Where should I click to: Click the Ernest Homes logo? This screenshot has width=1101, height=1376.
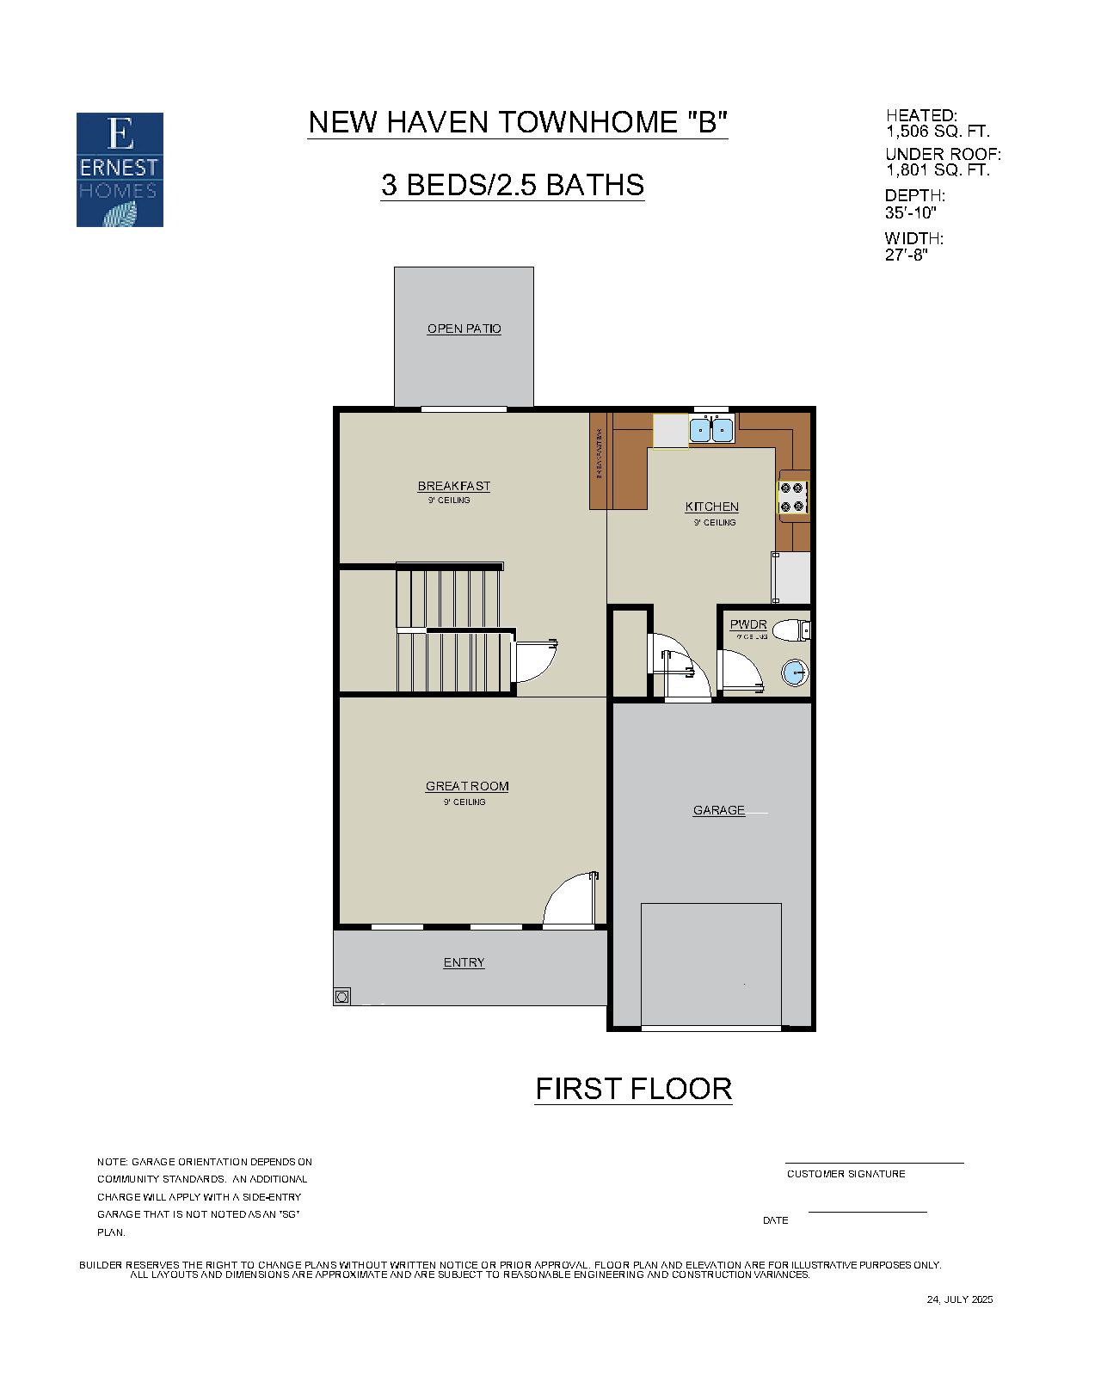coord(120,169)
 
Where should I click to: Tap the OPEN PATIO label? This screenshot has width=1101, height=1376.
coord(464,329)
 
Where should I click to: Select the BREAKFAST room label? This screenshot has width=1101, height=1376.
coord(453,486)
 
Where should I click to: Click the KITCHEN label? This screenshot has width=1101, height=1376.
coord(711,507)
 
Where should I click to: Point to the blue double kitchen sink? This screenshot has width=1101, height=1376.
coord(711,429)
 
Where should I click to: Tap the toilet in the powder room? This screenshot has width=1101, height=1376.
coord(790,630)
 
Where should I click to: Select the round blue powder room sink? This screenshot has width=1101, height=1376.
coord(795,673)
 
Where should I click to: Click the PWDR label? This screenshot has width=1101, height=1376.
coord(747,624)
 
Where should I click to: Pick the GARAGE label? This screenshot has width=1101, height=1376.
coord(719,810)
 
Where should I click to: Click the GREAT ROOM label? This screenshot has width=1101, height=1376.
coord(466,786)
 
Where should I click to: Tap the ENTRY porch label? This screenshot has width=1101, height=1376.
coord(464,962)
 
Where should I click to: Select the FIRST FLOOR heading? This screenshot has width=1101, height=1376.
coord(633,1089)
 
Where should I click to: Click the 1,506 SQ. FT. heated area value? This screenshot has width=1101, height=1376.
coord(937,132)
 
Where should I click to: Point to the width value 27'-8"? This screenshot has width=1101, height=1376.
coord(906,255)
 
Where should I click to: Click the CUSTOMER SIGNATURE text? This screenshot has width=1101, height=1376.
coord(846,1174)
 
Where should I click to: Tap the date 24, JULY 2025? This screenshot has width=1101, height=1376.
coord(959,1299)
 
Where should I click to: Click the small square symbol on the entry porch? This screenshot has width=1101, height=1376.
coord(342,997)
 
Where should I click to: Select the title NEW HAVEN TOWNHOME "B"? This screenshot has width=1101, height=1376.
coord(518,122)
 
